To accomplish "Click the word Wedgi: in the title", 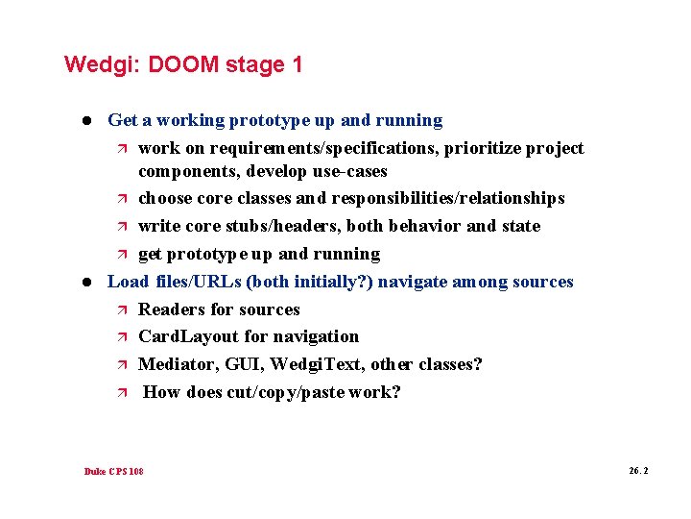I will tap(95, 65).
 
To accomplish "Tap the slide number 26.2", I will tap(638, 471).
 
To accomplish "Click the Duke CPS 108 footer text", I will tap(114, 472).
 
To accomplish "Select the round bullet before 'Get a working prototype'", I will tap(85, 121).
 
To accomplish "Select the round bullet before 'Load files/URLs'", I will tap(85, 282).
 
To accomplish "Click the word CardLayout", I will tap(187, 336).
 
